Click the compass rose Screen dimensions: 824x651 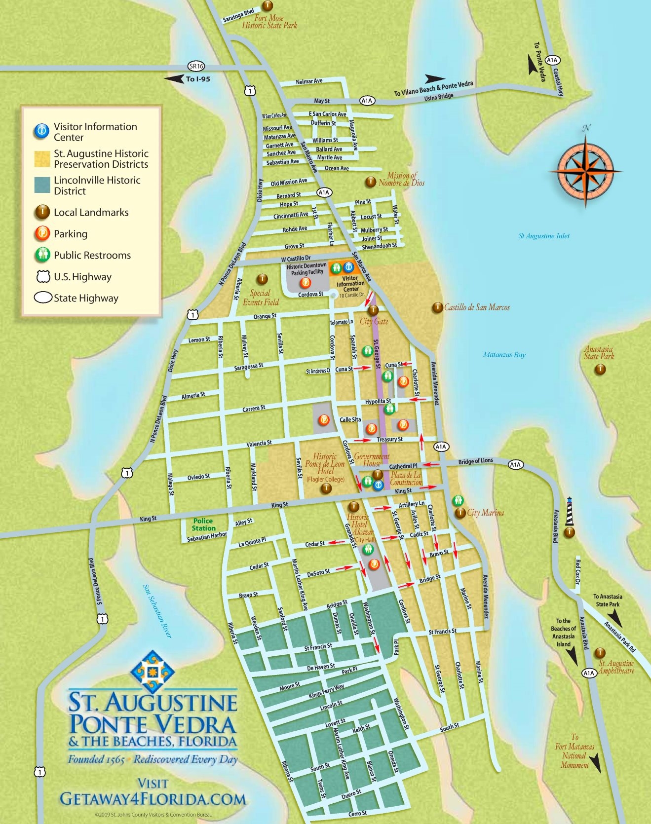coord(586,171)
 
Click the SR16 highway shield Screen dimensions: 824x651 coord(196,66)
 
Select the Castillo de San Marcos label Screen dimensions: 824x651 coord(477,307)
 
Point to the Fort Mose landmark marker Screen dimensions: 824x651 coord(267,6)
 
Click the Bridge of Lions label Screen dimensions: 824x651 coord(475,461)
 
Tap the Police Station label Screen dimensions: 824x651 coord(203,524)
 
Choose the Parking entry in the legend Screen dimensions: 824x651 coord(71,234)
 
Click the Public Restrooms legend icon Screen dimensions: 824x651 coord(43,255)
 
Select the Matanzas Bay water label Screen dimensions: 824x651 coord(504,355)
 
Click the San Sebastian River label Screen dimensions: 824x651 coord(157,611)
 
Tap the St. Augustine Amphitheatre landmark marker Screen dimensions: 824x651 coord(600,653)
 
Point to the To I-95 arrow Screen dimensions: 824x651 coord(174,78)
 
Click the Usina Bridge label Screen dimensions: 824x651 coord(438,97)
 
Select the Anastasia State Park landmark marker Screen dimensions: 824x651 coord(600,369)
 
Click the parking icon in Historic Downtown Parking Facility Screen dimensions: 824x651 coord(306,283)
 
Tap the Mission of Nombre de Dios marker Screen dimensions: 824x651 coord(370,182)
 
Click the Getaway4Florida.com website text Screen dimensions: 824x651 coord(153,799)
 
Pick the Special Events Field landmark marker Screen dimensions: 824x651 coord(263,279)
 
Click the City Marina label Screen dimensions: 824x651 coord(485,513)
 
